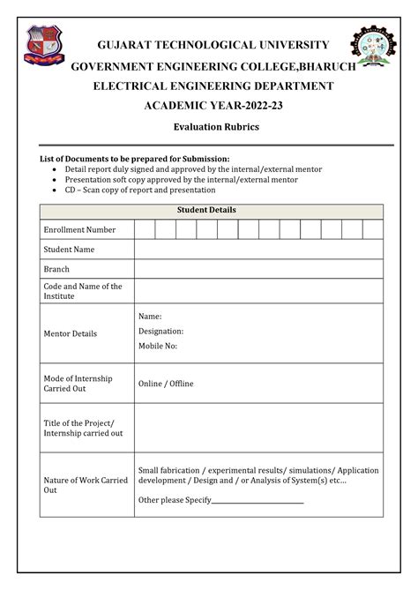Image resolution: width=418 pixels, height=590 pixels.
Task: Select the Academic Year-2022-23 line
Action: click(208, 106)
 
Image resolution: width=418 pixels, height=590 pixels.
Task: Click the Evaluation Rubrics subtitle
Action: click(209, 129)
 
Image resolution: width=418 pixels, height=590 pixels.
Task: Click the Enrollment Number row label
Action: click(79, 230)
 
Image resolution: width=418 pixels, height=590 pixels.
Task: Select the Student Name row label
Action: click(69, 250)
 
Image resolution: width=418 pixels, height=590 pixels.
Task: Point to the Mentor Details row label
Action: click(71, 333)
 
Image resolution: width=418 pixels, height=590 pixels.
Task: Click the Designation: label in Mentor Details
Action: click(160, 331)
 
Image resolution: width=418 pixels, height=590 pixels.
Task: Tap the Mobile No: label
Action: click(158, 346)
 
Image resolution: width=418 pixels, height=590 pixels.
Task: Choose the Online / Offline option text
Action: click(166, 384)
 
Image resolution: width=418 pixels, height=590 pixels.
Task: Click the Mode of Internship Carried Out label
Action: click(78, 383)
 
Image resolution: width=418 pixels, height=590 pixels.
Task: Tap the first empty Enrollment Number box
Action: click(145, 230)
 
